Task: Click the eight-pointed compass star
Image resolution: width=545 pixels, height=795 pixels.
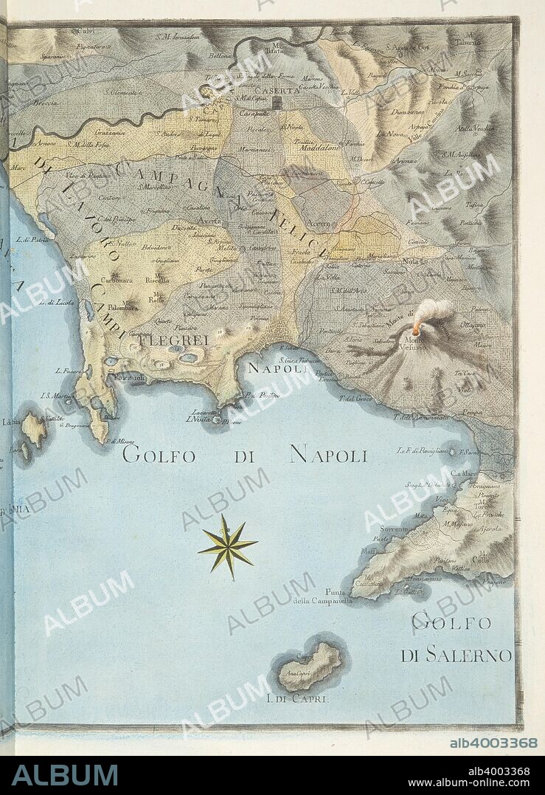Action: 227,547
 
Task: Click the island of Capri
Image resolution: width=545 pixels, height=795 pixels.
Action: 310,667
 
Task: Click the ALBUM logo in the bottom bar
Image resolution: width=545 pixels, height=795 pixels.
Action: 65,774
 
